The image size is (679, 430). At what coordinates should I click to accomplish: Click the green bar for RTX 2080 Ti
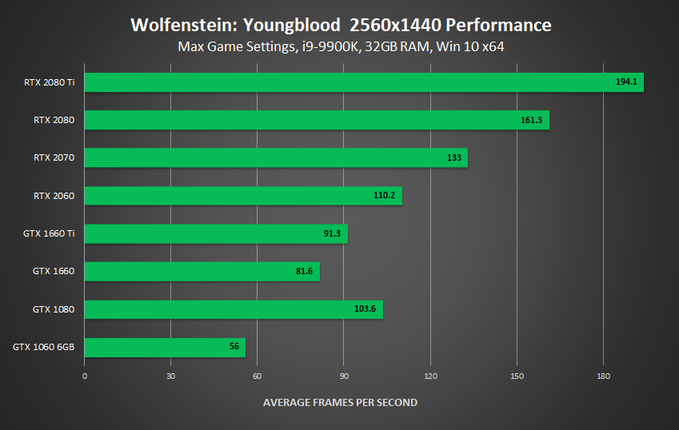(x=364, y=82)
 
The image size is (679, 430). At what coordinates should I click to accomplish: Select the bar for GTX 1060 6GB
(x=165, y=348)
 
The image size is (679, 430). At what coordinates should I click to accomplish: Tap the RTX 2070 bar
(x=276, y=158)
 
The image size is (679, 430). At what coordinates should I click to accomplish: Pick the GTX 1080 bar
(x=234, y=309)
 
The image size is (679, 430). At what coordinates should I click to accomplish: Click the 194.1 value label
(x=626, y=82)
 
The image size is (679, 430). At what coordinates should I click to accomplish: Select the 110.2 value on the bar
(x=385, y=196)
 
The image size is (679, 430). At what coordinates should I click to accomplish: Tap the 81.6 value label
(x=304, y=272)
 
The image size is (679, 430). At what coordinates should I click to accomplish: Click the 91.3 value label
(x=331, y=234)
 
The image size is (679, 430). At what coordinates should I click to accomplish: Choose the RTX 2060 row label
(x=54, y=196)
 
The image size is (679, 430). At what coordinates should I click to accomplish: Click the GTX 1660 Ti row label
(x=50, y=233)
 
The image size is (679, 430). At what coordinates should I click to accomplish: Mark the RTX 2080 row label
(x=54, y=120)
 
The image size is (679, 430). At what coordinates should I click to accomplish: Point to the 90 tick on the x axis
(x=344, y=376)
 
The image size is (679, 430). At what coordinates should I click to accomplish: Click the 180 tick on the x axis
(x=604, y=376)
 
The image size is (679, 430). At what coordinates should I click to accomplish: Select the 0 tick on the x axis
(x=85, y=376)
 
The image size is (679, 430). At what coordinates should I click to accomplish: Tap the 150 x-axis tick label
(x=517, y=376)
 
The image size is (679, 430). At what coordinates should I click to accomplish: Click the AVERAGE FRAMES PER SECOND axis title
(x=340, y=402)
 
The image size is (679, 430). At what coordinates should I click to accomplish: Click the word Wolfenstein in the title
(x=173, y=25)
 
